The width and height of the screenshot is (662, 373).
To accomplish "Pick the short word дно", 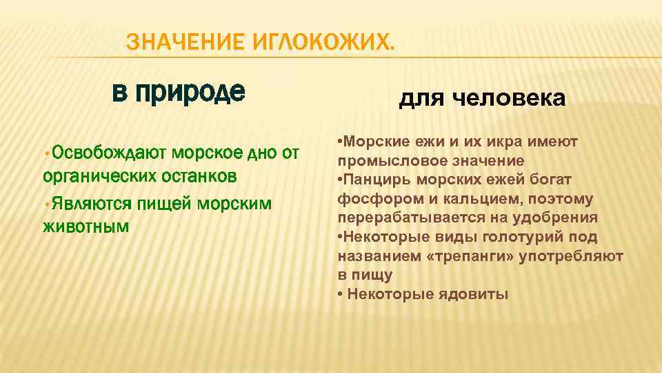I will [x=261, y=153].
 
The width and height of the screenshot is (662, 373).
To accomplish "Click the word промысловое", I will [x=389, y=161].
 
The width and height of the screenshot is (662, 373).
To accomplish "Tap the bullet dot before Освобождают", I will [x=46, y=153].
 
